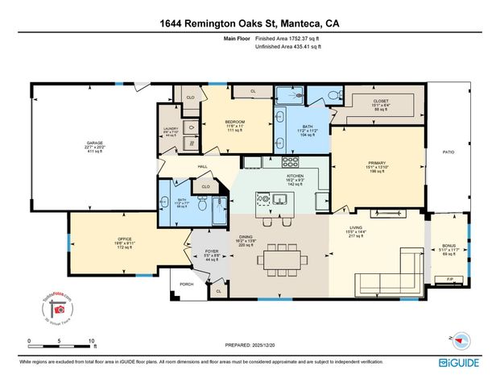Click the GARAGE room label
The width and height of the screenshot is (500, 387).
95,144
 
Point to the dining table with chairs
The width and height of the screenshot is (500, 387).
283,258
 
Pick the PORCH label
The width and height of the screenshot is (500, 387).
187,284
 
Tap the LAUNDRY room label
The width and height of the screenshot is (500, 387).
170,128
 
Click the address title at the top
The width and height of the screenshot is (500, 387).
250,23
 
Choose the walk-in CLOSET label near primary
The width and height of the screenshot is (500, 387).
381,102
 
